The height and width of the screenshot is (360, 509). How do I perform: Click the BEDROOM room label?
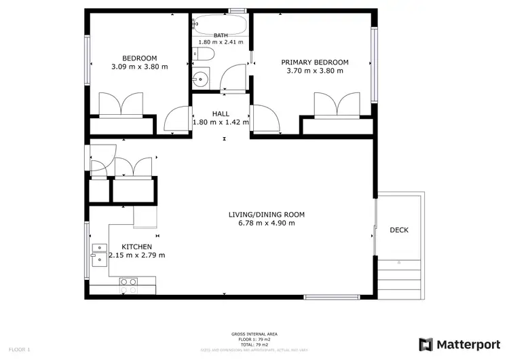pyautogui.click(x=139, y=58)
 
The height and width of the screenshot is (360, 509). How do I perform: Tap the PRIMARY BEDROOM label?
pyautogui.click(x=315, y=62)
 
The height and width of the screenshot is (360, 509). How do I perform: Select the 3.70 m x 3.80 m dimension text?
pyautogui.click(x=315, y=71)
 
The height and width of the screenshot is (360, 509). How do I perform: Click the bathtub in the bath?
pyautogui.click(x=220, y=24)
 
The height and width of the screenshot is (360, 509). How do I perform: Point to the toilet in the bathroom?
pyautogui.click(x=206, y=55)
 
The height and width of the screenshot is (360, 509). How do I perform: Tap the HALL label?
pyautogui.click(x=221, y=114)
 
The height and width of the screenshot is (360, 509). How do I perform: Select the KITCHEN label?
pyautogui.click(x=136, y=247)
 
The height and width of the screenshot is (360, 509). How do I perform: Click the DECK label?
pyautogui.click(x=399, y=230)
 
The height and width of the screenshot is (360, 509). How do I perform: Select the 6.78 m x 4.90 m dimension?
pyautogui.click(x=266, y=223)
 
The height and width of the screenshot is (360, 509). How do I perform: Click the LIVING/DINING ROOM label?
pyautogui.click(x=266, y=215)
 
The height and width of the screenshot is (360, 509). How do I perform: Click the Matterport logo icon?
pyautogui.click(x=426, y=344)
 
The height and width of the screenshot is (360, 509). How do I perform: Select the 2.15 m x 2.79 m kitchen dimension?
pyautogui.click(x=136, y=255)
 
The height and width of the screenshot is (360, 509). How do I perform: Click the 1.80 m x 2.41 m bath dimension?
pyautogui.click(x=221, y=42)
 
